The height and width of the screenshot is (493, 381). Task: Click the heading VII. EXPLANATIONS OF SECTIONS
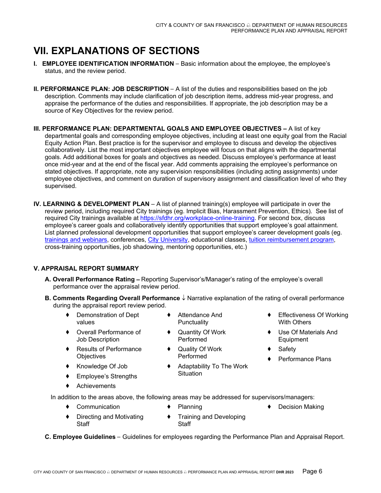point(116,51)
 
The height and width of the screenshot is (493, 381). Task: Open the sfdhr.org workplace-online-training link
point(197,218)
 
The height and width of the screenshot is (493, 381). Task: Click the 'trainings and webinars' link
point(76,240)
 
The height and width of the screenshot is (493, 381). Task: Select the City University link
point(168,240)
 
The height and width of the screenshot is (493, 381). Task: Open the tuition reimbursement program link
point(291,240)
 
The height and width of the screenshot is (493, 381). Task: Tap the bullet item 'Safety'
point(287,350)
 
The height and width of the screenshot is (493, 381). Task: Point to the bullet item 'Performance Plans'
point(304,359)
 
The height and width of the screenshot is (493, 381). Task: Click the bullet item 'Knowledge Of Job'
point(102,366)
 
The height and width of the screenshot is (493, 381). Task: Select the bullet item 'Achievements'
point(96,386)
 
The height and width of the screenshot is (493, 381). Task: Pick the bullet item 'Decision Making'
point(301,407)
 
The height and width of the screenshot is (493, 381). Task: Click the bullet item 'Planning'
point(190,407)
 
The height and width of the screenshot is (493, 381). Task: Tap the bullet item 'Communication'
point(98,407)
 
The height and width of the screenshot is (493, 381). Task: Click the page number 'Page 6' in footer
point(312,471)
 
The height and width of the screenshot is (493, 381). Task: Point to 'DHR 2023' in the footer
point(285,473)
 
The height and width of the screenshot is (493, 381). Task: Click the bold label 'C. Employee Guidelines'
point(80,437)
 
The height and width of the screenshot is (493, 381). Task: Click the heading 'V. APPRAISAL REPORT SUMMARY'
point(86,269)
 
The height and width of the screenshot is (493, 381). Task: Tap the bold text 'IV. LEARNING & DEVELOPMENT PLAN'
point(91,204)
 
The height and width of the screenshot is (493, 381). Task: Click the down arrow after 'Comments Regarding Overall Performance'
point(184,298)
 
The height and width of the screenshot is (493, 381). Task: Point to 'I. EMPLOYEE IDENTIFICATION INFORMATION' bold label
point(103,64)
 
